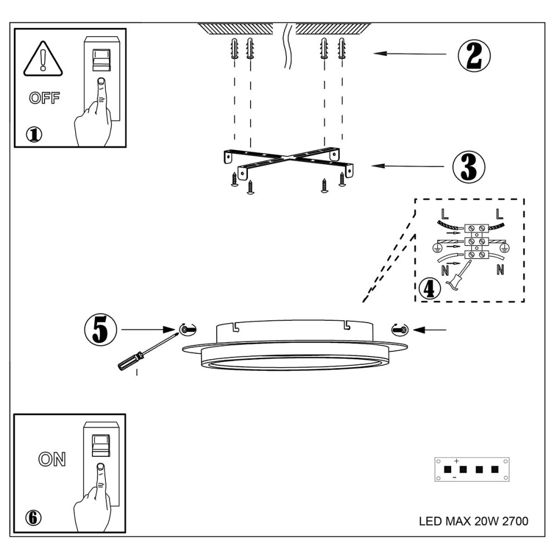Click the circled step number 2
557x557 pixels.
(x=474, y=54)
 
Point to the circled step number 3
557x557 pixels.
(x=468, y=165)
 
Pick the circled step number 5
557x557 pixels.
(x=100, y=330)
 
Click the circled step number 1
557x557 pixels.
(x=34, y=134)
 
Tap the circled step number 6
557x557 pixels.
(x=33, y=517)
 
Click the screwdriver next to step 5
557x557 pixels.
(x=143, y=354)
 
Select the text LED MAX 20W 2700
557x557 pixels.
(x=473, y=522)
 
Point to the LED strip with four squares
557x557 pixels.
(x=472, y=469)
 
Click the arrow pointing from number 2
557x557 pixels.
(x=410, y=54)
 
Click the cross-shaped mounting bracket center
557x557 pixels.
(x=290, y=159)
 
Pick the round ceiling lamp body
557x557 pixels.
(x=295, y=348)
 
